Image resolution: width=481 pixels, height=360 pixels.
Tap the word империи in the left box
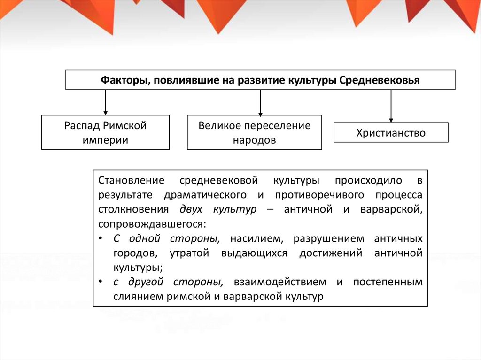click(105, 140)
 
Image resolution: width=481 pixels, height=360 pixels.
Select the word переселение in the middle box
click(280, 126)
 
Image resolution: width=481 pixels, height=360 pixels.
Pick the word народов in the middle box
click(254, 140)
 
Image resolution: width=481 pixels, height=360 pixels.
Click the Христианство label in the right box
click(391, 133)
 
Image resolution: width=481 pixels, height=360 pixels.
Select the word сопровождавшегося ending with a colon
click(152, 224)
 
